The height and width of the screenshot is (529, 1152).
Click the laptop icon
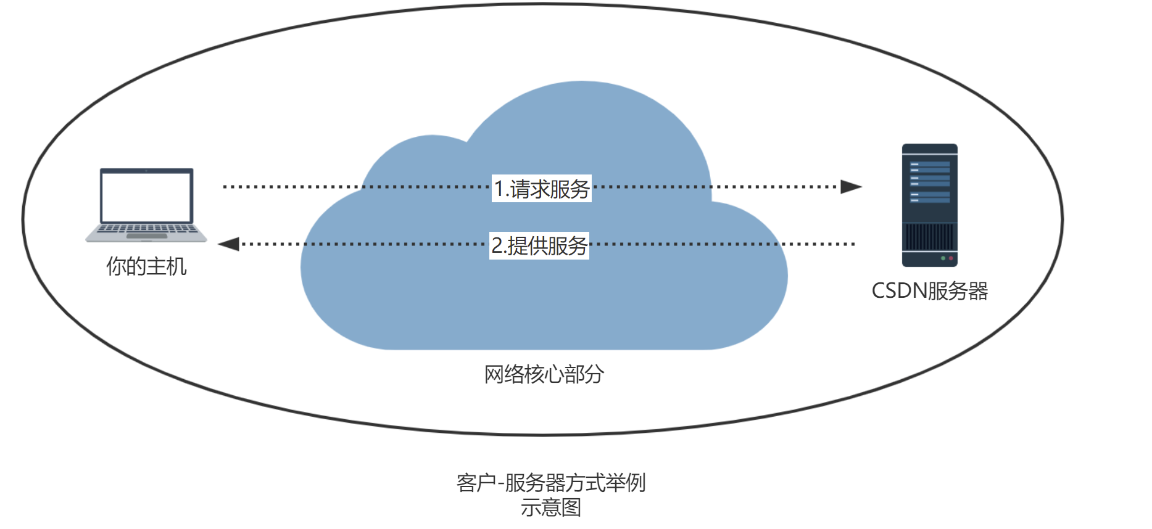pyautogui.click(x=146, y=205)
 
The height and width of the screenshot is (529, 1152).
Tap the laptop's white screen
pyautogui.click(x=146, y=197)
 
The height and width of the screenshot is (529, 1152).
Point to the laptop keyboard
pyautogui.click(x=146, y=228)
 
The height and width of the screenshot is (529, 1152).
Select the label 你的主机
pyautogui.click(x=146, y=266)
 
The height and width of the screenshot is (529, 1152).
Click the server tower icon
pyautogui.click(x=929, y=205)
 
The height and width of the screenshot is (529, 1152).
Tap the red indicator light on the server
pyautogui.click(x=951, y=258)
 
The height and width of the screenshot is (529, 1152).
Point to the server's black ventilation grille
pyautogui.click(x=929, y=236)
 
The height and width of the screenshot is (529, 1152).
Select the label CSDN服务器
pyautogui.click(x=929, y=291)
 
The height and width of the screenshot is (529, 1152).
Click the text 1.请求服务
pyautogui.click(x=542, y=189)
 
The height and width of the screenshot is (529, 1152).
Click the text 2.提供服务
pyautogui.click(x=539, y=245)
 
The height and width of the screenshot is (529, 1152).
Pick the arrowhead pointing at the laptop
pyautogui.click(x=229, y=244)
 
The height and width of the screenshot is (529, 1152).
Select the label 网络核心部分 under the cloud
pyautogui.click(x=544, y=374)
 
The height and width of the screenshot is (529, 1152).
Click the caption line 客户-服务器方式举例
pyautogui.click(x=550, y=483)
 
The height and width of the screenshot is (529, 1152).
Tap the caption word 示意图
pyautogui.click(x=550, y=507)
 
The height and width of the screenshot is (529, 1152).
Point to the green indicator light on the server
pyautogui.click(x=943, y=258)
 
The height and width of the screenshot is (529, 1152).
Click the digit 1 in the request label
pyautogui.click(x=499, y=189)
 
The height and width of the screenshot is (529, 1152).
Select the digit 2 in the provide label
pyautogui.click(x=497, y=245)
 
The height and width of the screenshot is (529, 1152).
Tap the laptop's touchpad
pyautogui.click(x=146, y=236)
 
